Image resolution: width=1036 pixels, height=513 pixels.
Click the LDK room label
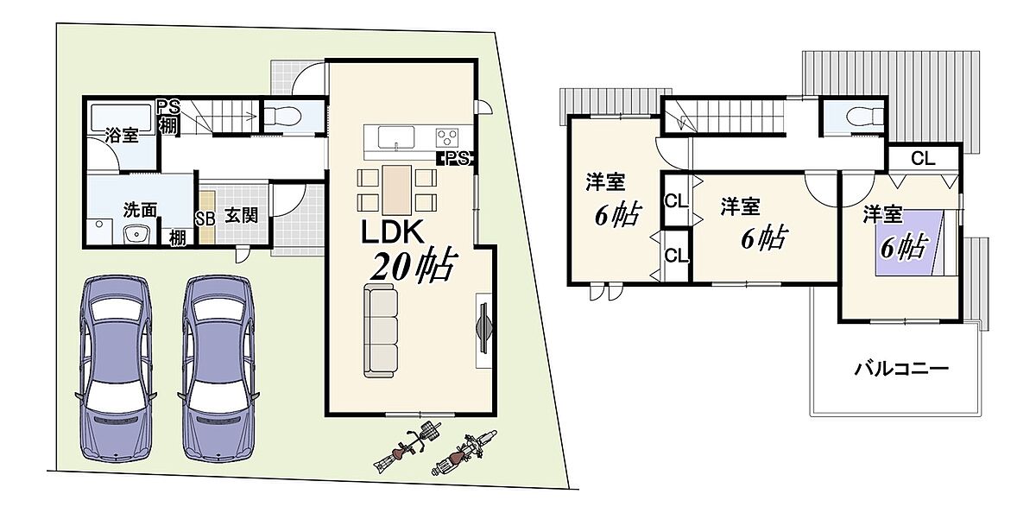tap(392, 232)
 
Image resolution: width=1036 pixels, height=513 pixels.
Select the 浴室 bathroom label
tap(122, 135)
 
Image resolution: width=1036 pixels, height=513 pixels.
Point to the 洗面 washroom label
tap(140, 210)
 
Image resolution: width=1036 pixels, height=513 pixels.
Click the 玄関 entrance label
tap(242, 216)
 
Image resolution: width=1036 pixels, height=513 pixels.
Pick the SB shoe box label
tap(205, 218)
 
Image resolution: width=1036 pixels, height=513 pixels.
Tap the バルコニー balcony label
tap(901, 369)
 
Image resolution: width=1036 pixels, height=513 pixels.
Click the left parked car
tap(116, 368)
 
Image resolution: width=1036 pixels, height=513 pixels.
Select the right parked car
tap(218, 368)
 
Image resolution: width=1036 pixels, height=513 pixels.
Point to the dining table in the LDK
tap(397, 190)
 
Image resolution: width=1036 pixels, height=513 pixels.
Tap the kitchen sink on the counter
tap(396, 137)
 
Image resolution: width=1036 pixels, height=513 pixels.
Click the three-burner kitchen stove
tap(447, 138)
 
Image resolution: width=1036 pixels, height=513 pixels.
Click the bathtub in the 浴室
tap(121, 118)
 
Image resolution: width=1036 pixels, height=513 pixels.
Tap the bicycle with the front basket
tap(406, 446)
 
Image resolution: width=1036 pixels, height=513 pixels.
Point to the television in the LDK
tap(484, 328)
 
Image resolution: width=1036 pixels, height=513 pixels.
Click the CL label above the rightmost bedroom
tap(923, 159)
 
